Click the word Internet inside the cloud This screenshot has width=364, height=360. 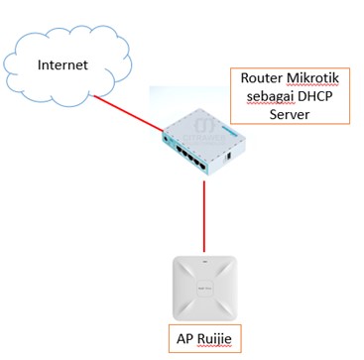point(62,65)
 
